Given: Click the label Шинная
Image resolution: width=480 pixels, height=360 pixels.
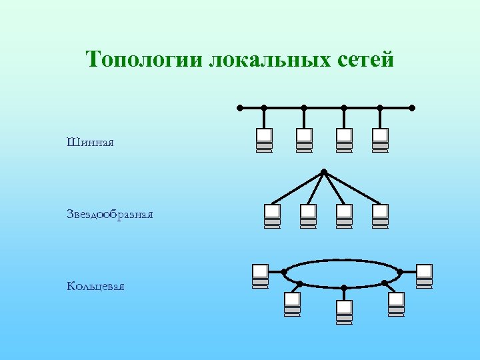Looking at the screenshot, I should point(91,142).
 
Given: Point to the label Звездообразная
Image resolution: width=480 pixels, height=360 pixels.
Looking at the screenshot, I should point(110,214).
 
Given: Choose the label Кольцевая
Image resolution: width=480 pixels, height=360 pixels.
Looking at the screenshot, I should point(95,286).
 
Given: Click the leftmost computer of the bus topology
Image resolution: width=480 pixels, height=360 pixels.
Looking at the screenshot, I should point(264,139).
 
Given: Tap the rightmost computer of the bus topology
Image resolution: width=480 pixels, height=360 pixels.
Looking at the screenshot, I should point(380,139).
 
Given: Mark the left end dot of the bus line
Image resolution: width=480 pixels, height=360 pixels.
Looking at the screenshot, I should point(240,107).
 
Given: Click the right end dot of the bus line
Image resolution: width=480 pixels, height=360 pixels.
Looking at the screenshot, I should point(412,107).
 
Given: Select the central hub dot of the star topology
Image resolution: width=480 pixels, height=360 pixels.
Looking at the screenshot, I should point(323,172).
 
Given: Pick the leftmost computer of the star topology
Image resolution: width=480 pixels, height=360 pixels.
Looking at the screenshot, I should point(272,215).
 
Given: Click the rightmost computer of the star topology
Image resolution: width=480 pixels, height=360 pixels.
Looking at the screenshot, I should point(380,215).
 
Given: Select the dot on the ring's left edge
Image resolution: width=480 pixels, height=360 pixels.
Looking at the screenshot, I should point(285,271).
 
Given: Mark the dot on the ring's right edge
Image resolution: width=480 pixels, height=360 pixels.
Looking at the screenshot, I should point(400,271).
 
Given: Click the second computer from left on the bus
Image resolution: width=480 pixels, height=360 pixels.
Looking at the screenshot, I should point(304,139).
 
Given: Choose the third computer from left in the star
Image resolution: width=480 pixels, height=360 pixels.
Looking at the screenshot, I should point(344,215).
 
